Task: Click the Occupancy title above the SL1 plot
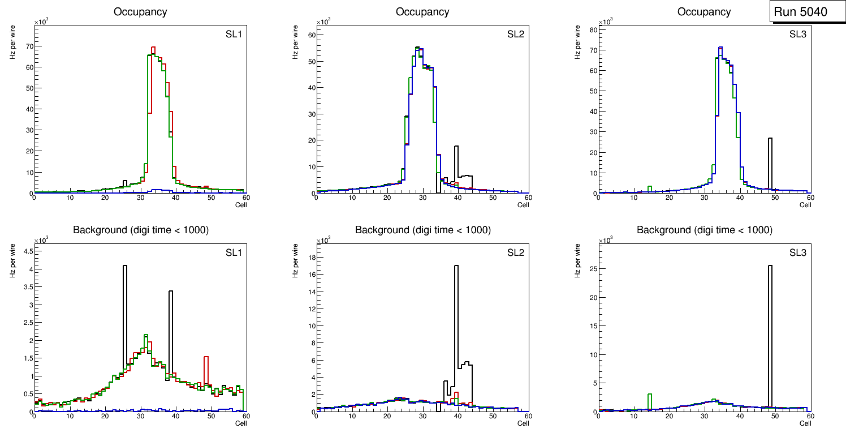tap(140, 11)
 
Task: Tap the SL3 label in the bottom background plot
tap(797, 252)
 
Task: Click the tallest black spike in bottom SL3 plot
tap(770, 340)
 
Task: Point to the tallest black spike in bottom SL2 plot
tap(456, 328)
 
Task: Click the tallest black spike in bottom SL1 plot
tap(125, 317)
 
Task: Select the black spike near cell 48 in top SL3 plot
tap(770, 164)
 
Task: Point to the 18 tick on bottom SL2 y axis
tap(309, 257)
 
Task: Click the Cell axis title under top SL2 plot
tap(523, 205)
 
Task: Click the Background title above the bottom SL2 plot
tap(422, 230)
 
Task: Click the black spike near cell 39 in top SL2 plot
tap(456, 164)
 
